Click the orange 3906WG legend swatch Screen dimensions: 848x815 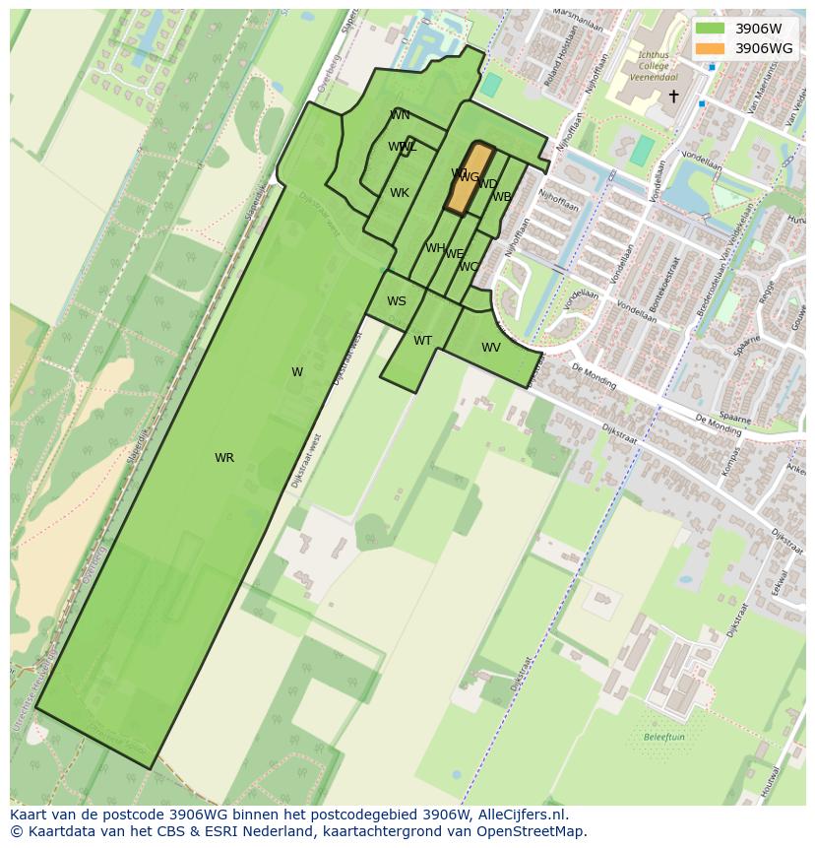tap(709, 48)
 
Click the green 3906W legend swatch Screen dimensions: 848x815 tap(709, 29)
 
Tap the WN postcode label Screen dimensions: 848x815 tap(400, 115)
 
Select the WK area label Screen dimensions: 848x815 tap(399, 193)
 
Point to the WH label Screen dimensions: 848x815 tap(435, 248)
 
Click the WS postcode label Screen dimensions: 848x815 tap(396, 301)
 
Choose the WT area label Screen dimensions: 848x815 tap(422, 341)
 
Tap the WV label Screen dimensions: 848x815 tap(491, 348)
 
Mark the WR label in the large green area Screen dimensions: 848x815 tap(224, 458)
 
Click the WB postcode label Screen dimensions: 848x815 tap(502, 197)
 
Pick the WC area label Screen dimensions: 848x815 tap(469, 267)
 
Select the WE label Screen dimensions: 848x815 tap(454, 254)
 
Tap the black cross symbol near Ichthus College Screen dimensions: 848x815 tap(673, 96)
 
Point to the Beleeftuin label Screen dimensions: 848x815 tap(663, 737)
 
